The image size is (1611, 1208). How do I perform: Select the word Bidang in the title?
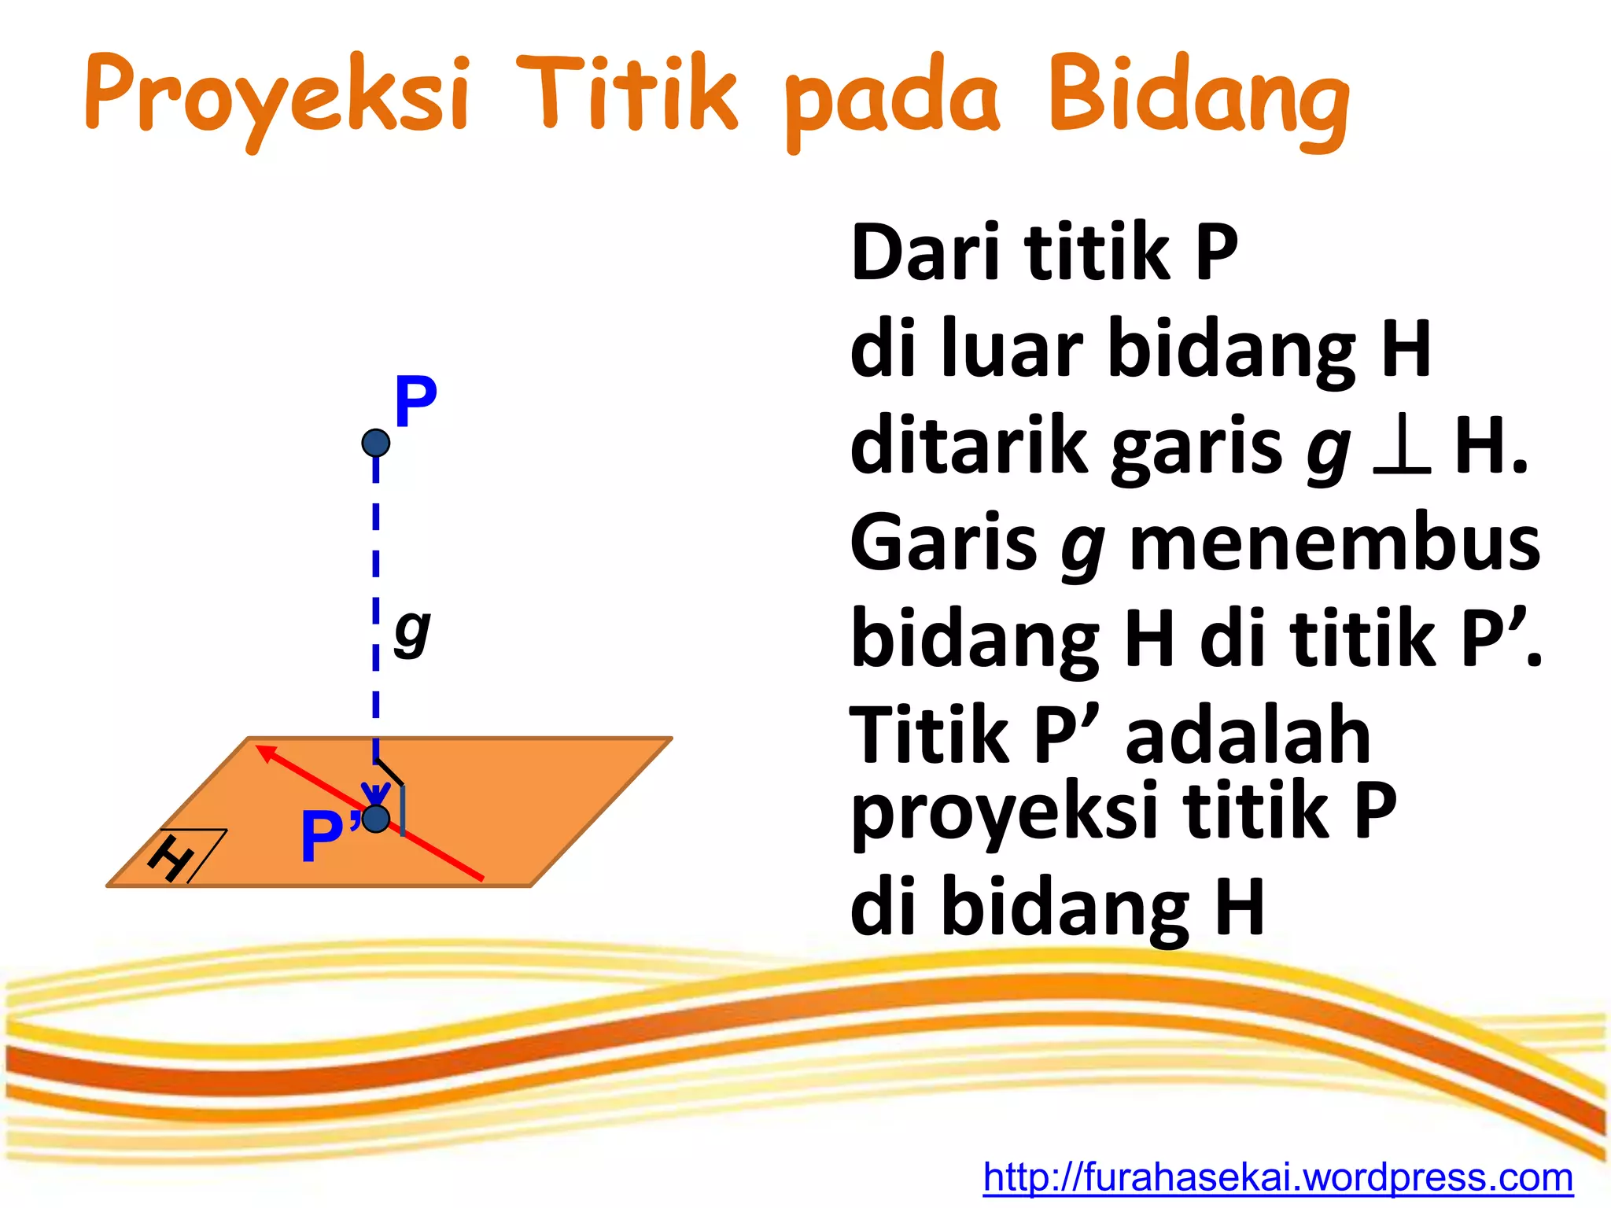coord(1199,98)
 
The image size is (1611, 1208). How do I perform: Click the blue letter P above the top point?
coord(415,402)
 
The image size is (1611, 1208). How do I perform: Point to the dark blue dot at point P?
coord(376,443)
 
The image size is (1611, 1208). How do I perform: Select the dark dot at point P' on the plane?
coord(376,819)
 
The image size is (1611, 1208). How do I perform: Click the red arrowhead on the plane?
coord(267,753)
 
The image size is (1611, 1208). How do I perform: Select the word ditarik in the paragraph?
coord(971,445)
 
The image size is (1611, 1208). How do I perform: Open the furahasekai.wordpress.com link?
coord(1277,1178)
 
